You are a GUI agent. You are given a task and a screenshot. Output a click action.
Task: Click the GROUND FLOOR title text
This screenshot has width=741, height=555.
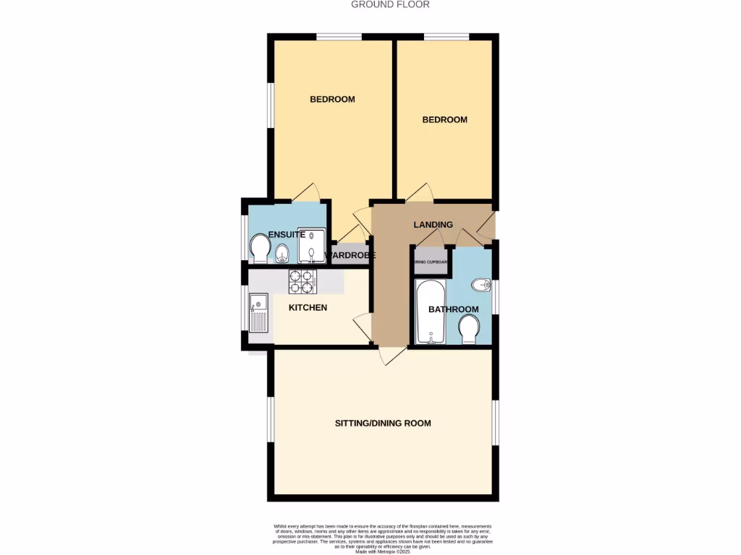(390, 4)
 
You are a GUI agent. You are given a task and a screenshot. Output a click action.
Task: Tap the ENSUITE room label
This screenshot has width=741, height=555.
(287, 234)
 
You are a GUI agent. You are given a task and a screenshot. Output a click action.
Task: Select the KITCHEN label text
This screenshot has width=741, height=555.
(308, 308)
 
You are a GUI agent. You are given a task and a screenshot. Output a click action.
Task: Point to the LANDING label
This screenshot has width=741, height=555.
(433, 225)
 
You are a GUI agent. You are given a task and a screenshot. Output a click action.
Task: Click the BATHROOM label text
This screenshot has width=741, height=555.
(454, 310)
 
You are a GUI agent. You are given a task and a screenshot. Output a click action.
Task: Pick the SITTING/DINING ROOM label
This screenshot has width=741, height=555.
(383, 423)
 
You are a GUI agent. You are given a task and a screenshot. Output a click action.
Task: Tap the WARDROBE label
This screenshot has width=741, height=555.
(351, 255)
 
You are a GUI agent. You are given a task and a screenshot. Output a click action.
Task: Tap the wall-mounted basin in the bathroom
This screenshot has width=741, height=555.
(481, 285)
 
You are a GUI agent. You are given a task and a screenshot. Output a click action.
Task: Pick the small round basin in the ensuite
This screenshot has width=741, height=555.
(281, 252)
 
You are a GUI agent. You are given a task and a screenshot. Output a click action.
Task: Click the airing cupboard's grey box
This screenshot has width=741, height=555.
(430, 262)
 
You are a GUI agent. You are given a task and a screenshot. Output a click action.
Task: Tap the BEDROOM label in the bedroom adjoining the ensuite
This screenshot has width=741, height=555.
(332, 99)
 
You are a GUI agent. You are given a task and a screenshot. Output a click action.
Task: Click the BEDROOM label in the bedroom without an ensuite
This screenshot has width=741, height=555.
(444, 119)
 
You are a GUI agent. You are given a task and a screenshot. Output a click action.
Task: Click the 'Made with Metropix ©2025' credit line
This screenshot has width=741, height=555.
(383, 551)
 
